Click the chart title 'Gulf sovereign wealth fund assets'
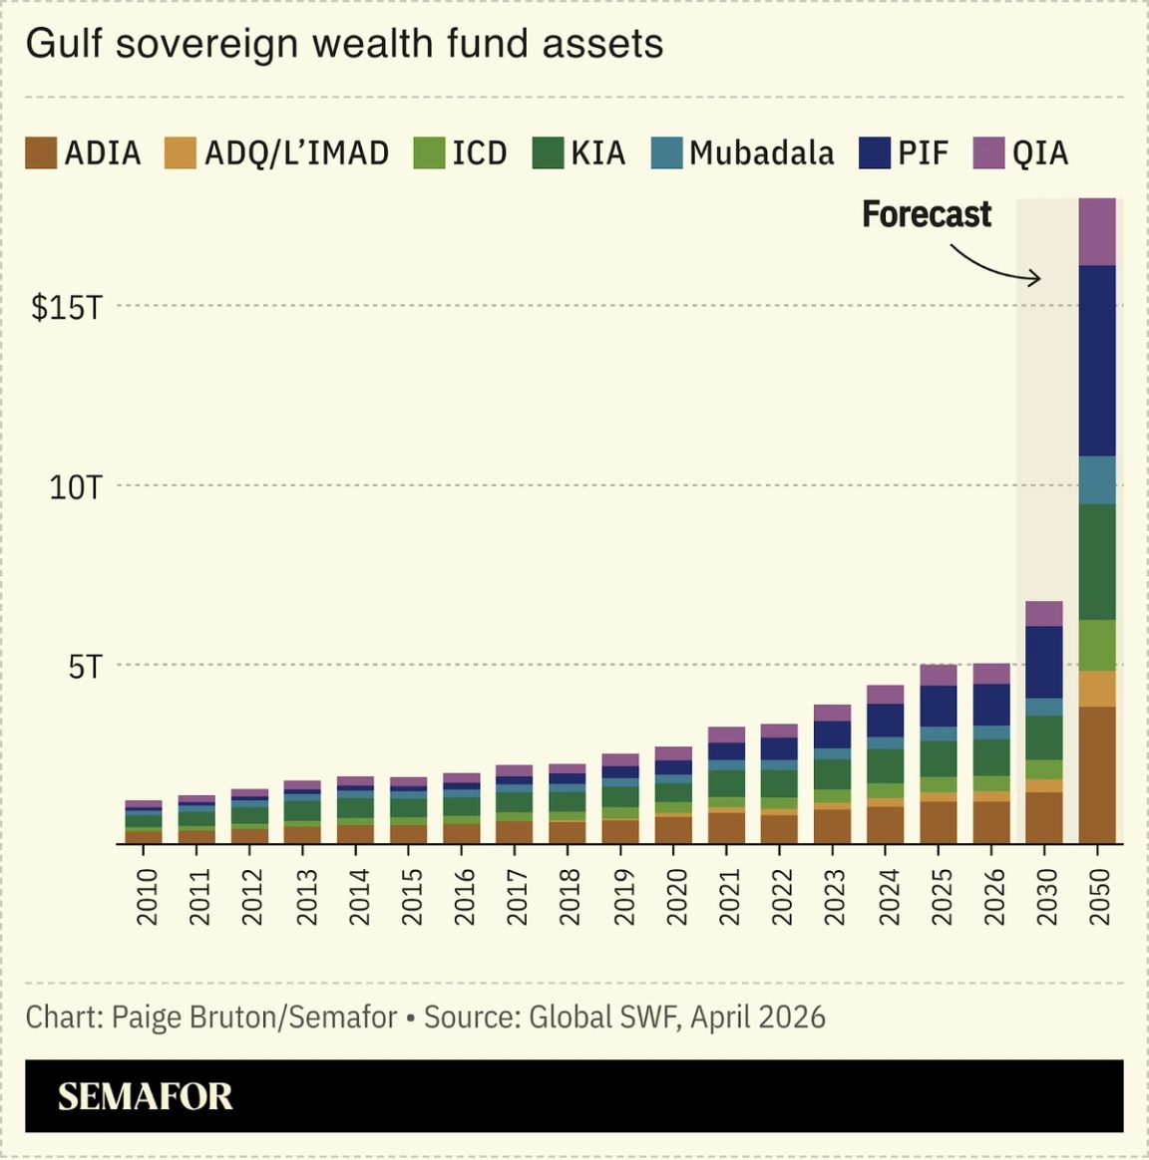pyautogui.click(x=344, y=45)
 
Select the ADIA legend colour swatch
pyautogui.click(x=41, y=152)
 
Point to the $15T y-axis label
pyautogui.click(x=67, y=308)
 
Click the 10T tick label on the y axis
pyautogui.click(x=76, y=487)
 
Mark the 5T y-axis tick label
pyautogui.click(x=85, y=667)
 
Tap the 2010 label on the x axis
pyautogui.click(x=147, y=897)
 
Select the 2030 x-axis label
pyautogui.click(x=1044, y=897)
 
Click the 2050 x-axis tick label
pyautogui.click(x=1098, y=897)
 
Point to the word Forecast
pyautogui.click(x=927, y=214)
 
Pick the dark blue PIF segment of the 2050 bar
pyautogui.click(x=1097, y=361)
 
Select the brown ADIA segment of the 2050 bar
pyautogui.click(x=1097, y=775)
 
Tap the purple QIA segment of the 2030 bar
pyautogui.click(x=1044, y=614)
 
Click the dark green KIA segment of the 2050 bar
pyautogui.click(x=1097, y=562)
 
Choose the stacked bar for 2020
pyautogui.click(x=674, y=795)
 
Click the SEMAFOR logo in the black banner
pyautogui.click(x=146, y=1096)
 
